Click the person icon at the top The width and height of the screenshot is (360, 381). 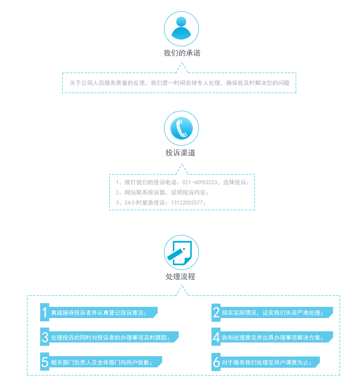coord(181,29)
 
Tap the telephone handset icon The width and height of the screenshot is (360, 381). coord(181,128)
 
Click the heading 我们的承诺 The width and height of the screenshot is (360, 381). coord(182,53)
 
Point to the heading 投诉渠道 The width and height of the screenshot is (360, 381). coord(180,152)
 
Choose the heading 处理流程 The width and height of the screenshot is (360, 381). coord(180,277)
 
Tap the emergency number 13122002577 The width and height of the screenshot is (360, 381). coord(187,203)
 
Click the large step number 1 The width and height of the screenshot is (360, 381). coord(45,312)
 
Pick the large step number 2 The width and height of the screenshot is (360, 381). coord(216,313)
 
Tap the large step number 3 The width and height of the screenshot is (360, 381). coord(45,337)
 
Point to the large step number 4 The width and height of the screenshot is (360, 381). coord(216,337)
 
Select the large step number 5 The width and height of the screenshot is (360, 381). coord(45,362)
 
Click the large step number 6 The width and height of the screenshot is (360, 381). coord(216,362)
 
